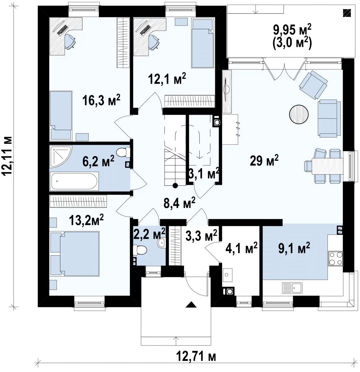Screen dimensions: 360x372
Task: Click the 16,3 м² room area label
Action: pyautogui.click(x=101, y=100)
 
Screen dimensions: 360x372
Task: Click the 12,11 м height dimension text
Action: pyautogui.click(x=8, y=156)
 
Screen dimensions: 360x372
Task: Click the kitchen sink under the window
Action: pyautogui.click(x=292, y=288)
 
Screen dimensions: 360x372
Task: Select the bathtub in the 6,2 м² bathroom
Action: pyautogui.click(x=74, y=181)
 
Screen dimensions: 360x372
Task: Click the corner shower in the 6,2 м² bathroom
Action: pyautogui.click(x=61, y=157)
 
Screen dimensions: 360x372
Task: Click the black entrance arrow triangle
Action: pyautogui.click(x=191, y=304)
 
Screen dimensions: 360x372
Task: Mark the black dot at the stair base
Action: pyautogui.click(x=175, y=185)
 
